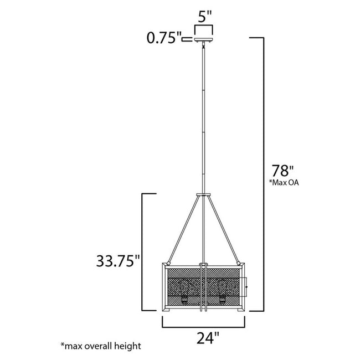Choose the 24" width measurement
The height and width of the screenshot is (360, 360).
pyautogui.click(x=204, y=336)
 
